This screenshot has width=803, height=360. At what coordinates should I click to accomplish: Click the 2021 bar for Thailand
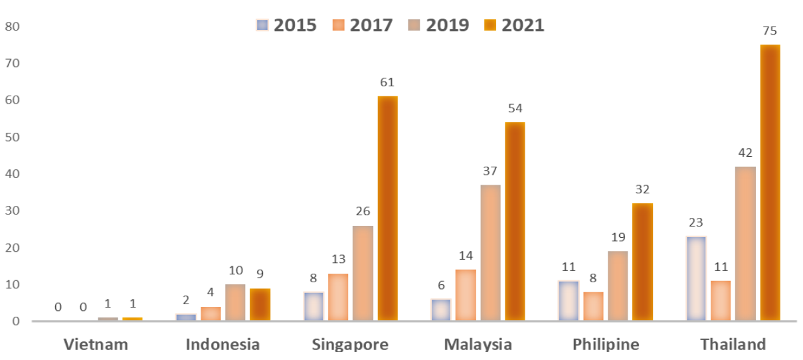pyautogui.click(x=770, y=183)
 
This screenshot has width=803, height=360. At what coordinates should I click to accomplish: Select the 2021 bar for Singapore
pyautogui.click(x=387, y=209)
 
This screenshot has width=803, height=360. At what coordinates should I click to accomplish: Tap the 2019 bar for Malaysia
pyautogui.click(x=490, y=252)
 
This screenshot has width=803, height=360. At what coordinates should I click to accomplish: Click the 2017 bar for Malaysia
pyautogui.click(x=465, y=295)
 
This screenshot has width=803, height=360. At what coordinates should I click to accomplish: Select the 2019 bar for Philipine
pyautogui.click(x=617, y=286)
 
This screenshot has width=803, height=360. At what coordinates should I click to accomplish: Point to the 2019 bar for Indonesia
pyautogui.click(x=235, y=302)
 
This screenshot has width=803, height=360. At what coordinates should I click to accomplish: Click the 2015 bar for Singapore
pyautogui.click(x=313, y=306)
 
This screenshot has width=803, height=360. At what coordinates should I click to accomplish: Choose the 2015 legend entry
pyautogui.click(x=286, y=25)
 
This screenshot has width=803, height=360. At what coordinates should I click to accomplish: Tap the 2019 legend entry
pyautogui.click(x=438, y=25)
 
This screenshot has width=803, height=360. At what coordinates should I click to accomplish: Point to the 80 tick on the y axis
pyautogui.click(x=12, y=27)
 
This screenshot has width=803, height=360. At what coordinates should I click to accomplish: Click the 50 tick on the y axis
pyautogui.click(x=12, y=137)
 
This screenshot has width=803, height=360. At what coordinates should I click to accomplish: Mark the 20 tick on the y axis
pyautogui.click(x=12, y=248)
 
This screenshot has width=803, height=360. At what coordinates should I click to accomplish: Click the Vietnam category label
pyautogui.click(x=96, y=344)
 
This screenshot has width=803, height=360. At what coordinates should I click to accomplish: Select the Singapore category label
pyautogui.click(x=350, y=344)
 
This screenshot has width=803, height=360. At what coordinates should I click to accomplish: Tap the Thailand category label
pyautogui.click(x=733, y=344)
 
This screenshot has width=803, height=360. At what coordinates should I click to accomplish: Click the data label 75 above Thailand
pyautogui.click(x=770, y=31)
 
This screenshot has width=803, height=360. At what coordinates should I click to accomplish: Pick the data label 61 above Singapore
pyautogui.click(x=387, y=83)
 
